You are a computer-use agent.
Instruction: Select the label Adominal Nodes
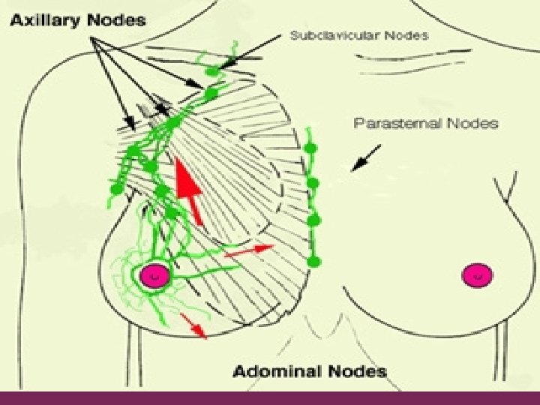(x=309, y=370)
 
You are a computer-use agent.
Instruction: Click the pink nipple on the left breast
(x=155, y=275)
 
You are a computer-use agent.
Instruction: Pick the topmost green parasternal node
(x=308, y=146)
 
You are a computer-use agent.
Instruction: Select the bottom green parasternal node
(x=313, y=261)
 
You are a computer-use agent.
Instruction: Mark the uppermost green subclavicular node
(x=213, y=71)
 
